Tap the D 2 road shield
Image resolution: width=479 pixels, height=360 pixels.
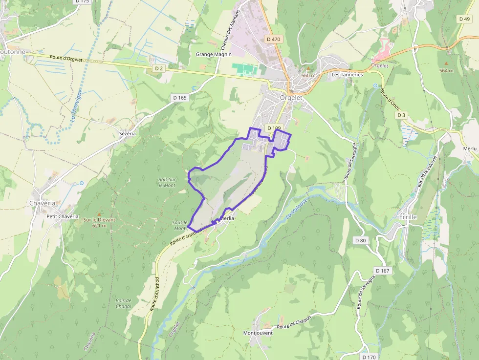tap(159, 69)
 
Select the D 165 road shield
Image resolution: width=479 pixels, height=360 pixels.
tap(180, 98)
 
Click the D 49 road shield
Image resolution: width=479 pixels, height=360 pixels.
tap(464, 19)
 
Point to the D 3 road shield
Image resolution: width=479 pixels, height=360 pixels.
tap(401, 115)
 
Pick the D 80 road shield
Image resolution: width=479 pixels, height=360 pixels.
tap(360, 240)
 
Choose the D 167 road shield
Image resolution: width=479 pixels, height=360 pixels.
tap(382, 271)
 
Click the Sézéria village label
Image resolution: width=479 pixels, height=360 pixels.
tap(127, 133)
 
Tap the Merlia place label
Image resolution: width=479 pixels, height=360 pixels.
tap(227, 218)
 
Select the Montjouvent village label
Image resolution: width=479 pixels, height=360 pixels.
tap(258, 333)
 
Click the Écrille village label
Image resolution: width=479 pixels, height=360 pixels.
tap(408, 216)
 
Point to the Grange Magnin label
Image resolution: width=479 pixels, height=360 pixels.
tap(214, 54)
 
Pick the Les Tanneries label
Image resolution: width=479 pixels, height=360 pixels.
tap(347, 75)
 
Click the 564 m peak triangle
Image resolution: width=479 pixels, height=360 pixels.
tap(446, 64)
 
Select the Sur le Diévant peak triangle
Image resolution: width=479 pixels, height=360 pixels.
tap(99, 214)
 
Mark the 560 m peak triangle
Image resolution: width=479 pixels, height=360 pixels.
tap(308, 69)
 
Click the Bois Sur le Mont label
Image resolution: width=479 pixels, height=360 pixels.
tap(167, 182)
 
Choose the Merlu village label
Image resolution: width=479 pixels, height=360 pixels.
tap(469, 148)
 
